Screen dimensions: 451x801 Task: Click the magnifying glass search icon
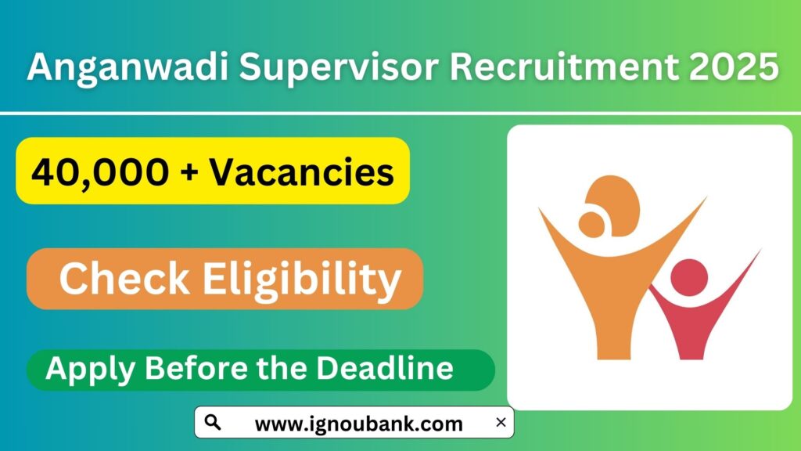(212, 423)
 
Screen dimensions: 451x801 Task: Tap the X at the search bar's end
(501, 423)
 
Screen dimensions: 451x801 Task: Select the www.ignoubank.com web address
(359, 424)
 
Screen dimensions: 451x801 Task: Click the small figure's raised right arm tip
(755, 254)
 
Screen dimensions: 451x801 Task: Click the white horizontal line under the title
(391, 114)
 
